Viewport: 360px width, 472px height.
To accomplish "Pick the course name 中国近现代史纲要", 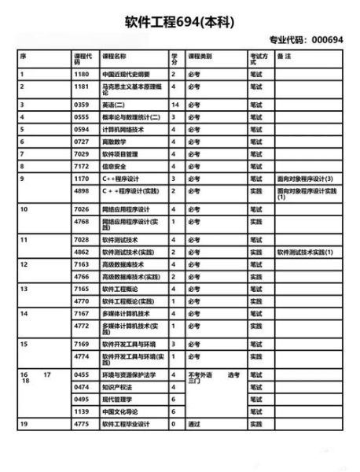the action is click(126, 74).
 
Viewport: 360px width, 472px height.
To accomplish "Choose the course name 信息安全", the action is click(114, 167).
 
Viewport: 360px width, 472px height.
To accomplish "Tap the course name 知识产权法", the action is click(116, 387).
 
